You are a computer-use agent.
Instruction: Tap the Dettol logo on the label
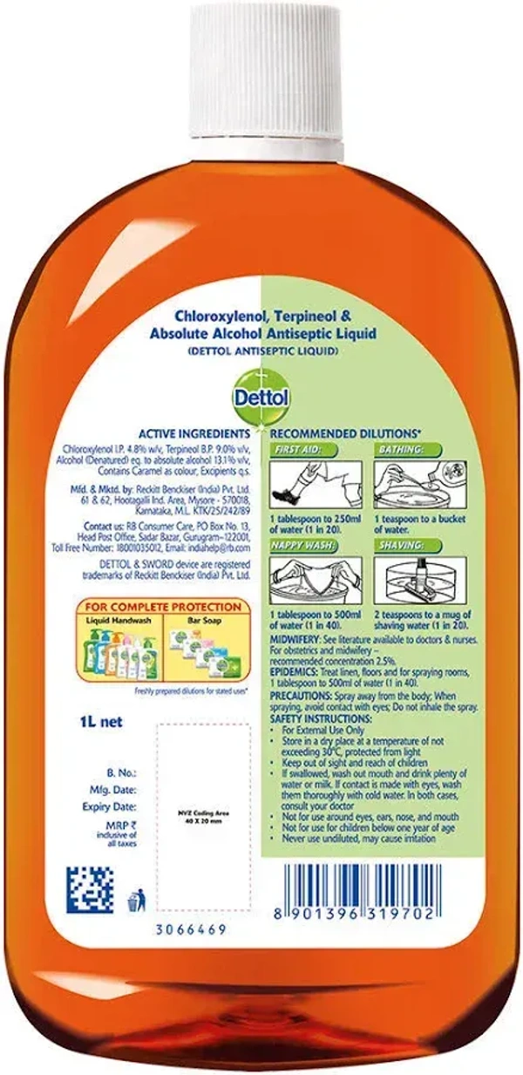coord(261,397)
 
